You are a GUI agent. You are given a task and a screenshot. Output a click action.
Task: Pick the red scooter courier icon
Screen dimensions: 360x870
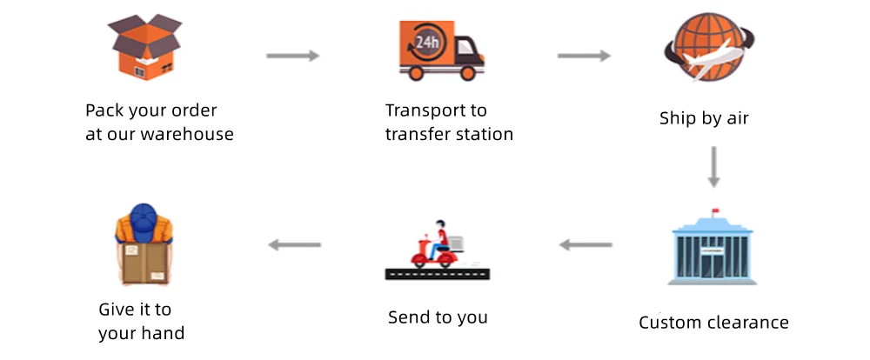[x=435, y=247]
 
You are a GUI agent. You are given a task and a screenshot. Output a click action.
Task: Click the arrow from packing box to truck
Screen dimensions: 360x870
[x=292, y=57]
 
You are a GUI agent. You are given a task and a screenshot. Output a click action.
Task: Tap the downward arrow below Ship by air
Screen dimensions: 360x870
[x=713, y=166]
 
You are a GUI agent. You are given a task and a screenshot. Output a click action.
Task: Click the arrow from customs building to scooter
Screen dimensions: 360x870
[x=585, y=245]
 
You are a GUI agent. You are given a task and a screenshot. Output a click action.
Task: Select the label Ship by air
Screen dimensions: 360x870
[x=704, y=117]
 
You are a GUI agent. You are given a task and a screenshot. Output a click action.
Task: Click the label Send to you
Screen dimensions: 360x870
[x=438, y=317]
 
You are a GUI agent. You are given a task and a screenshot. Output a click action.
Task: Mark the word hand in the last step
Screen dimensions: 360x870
[x=164, y=332]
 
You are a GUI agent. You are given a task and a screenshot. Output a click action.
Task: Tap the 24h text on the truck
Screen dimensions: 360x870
[x=425, y=41]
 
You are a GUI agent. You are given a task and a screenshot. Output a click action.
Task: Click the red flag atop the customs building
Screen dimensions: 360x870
[x=715, y=210]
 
